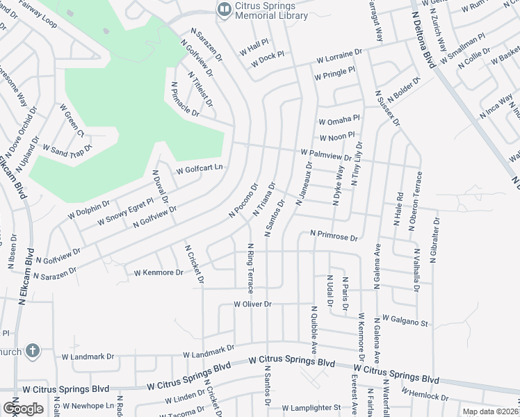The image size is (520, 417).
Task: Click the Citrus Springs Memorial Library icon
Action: point(224,8)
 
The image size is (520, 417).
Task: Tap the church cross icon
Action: point(32,351)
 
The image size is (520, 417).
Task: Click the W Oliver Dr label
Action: point(252,304)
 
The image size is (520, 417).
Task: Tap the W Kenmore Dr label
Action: point(159,272)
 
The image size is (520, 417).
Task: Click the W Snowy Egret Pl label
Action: point(126,213)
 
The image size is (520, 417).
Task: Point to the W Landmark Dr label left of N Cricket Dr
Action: point(88,357)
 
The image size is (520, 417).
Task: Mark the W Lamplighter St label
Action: point(312,408)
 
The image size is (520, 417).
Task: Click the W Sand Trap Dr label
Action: point(67,148)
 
